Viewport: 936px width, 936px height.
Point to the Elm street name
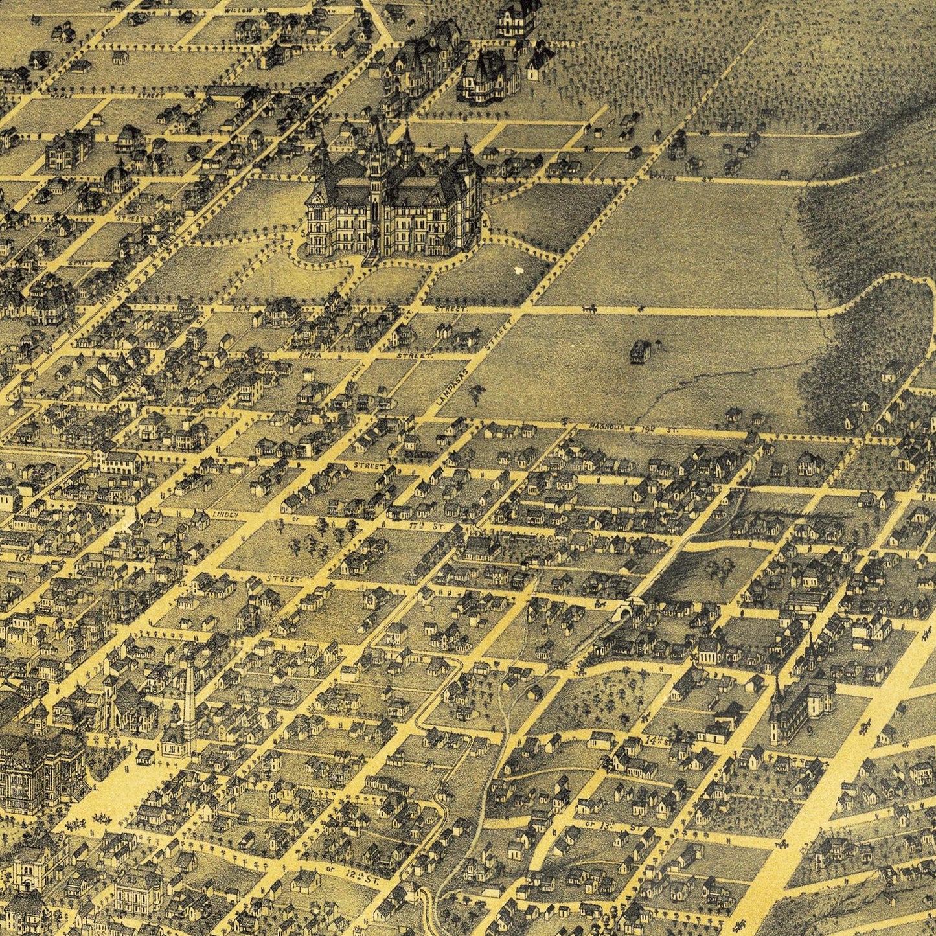click(x=240, y=310)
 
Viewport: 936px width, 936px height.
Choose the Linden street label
click(x=226, y=515)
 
